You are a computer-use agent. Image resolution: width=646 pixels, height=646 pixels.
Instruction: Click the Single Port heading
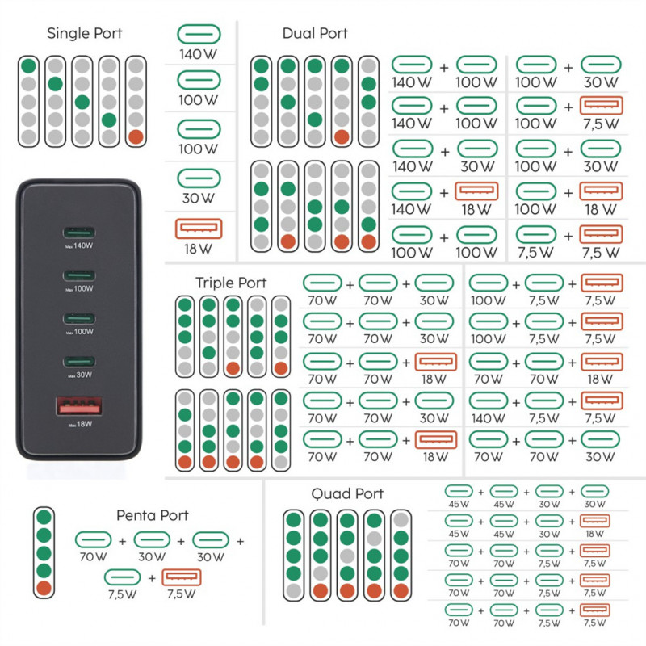coord(85,33)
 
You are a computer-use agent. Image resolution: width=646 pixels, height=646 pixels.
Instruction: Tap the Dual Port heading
coord(315,33)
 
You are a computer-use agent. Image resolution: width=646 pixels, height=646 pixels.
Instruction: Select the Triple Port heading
coord(231,283)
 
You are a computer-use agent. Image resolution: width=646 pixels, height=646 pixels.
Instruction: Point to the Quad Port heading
coord(347,493)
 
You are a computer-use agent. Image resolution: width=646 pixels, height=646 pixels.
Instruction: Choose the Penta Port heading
coord(153,515)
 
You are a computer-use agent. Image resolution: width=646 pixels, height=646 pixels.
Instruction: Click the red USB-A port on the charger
coord(79,406)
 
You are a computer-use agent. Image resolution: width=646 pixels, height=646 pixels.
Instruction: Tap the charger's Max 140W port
coord(79,233)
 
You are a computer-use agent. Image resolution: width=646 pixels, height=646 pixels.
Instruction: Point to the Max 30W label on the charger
coord(80,375)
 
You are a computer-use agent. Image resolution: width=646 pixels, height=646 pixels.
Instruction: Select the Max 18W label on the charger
coord(80,425)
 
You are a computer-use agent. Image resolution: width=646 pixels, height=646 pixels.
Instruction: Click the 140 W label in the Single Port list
coord(198,54)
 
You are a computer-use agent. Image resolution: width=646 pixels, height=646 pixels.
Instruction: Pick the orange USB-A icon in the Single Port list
coord(199,229)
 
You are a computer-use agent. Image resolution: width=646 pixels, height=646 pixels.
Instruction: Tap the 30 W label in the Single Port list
coord(198,198)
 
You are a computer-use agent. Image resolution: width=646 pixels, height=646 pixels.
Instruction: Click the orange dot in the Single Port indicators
coord(136,137)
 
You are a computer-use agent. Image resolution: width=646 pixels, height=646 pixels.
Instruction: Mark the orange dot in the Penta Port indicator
coord(44,589)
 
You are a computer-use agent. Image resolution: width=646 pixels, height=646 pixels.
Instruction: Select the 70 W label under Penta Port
coord(93,557)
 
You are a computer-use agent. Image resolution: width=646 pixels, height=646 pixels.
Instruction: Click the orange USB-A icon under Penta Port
coord(182,577)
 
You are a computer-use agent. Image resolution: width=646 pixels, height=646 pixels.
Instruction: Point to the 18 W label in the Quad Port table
coord(595,534)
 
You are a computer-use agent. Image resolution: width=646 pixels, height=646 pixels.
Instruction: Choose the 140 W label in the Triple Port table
coord(489,418)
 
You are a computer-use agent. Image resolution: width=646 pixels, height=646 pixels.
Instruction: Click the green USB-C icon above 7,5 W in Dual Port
coord(535,234)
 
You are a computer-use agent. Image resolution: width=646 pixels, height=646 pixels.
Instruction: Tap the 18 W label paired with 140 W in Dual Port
coord(476,209)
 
